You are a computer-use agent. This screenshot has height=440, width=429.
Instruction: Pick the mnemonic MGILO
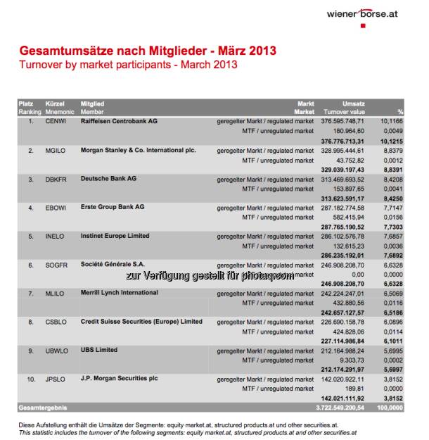[58, 150]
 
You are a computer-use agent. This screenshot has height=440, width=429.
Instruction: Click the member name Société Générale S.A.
[117, 265]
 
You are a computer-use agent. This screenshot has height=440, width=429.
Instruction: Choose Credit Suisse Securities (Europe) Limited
[141, 322]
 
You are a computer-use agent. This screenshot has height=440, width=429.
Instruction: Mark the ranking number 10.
[30, 379]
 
